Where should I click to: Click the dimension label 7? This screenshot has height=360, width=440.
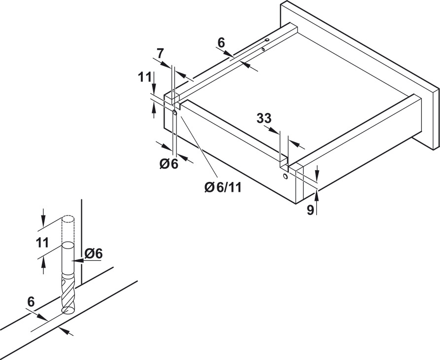(x=160, y=53)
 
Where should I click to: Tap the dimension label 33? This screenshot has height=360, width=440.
(x=264, y=118)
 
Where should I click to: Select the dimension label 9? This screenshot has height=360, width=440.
(x=310, y=210)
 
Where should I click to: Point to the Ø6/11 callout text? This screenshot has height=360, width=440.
(x=223, y=187)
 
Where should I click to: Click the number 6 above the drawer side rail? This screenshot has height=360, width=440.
(x=221, y=43)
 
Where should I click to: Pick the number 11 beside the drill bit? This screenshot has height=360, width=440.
(x=43, y=243)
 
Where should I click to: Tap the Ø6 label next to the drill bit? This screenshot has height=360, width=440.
(x=94, y=254)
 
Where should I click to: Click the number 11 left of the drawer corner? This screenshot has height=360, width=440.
(x=145, y=77)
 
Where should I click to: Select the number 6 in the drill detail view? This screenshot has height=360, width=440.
(x=31, y=302)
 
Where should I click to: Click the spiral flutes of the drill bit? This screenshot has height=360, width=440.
(x=68, y=292)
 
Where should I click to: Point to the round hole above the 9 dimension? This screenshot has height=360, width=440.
(x=285, y=177)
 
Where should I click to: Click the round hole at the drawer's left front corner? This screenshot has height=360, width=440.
(x=174, y=113)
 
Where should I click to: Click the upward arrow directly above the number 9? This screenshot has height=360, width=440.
(x=317, y=196)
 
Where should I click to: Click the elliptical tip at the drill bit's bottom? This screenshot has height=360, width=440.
(x=68, y=310)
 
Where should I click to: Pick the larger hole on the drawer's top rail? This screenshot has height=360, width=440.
(x=267, y=40)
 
